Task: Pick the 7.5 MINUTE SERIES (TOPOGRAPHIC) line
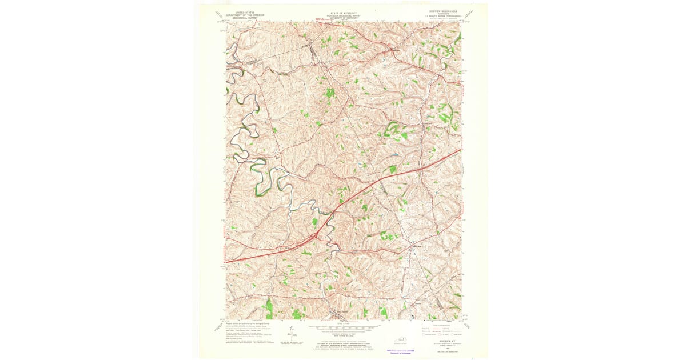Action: [439, 17]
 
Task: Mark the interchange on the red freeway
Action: [314, 235]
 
